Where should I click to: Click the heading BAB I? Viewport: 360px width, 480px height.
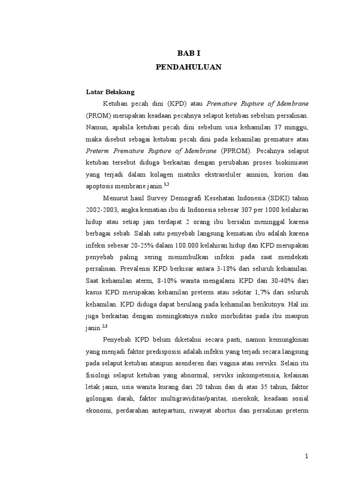point(188,54)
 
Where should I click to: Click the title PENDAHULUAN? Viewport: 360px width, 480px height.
point(188,67)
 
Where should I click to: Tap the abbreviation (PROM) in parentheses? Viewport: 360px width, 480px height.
point(97,115)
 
